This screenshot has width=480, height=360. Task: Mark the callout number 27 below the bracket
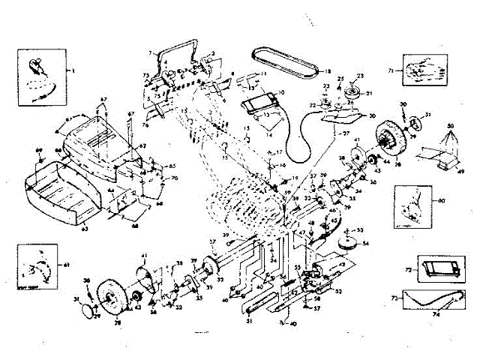point(326,133)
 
